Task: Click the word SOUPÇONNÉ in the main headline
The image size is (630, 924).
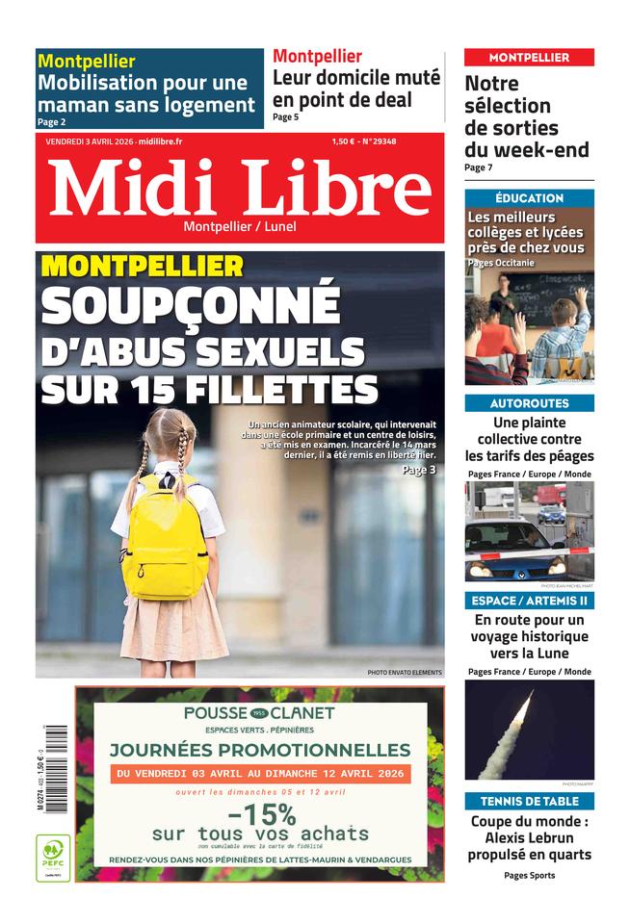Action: pos(190,305)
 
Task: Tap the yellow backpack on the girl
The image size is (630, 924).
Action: pos(166,534)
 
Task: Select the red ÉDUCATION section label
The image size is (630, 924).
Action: pos(529,198)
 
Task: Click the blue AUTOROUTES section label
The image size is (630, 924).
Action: pos(529,403)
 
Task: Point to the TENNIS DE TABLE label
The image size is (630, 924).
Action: pos(529,801)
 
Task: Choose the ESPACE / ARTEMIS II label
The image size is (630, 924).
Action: pos(529,601)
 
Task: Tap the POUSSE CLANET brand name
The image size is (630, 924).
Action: pos(259,713)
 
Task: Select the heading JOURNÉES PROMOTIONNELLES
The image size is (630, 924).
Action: pos(259,750)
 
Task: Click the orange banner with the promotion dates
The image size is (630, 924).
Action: pos(260,774)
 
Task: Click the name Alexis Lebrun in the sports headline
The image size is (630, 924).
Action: pos(529,837)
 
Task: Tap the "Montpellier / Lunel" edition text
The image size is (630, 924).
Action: pos(240,227)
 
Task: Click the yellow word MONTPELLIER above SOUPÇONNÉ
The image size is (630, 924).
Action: pos(143,266)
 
